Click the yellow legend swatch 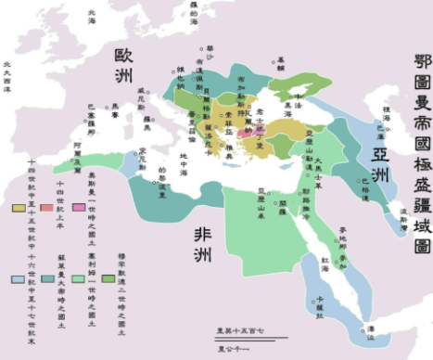click(19, 208)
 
